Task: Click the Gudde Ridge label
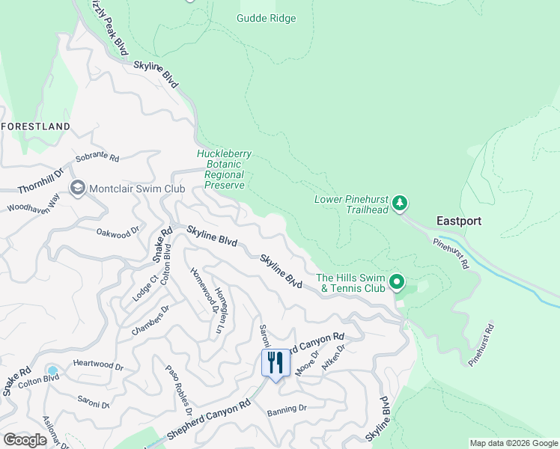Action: [x=266, y=18]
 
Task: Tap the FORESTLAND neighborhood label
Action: [x=36, y=126]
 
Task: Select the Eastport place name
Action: [x=459, y=221]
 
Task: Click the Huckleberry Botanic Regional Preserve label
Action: [x=224, y=169]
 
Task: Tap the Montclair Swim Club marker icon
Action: [x=77, y=188]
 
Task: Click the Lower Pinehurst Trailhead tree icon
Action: [x=401, y=203]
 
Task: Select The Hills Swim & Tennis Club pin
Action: [x=398, y=283]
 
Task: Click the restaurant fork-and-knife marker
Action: [x=275, y=363]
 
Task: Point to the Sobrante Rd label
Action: [x=98, y=159]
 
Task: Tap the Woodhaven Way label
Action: [x=33, y=202]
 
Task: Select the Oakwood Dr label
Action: [x=118, y=233]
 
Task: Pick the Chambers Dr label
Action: [x=150, y=320]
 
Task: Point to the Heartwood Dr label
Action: [x=97, y=364]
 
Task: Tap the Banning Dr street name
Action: [x=287, y=409]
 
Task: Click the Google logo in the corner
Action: [x=25, y=439]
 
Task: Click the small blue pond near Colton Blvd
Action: [x=52, y=370]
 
